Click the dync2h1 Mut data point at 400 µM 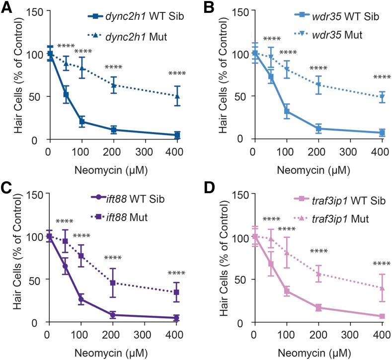point(177,96)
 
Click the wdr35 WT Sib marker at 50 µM point(271,76)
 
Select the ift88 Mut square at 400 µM point(177,292)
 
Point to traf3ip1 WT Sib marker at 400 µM point(382,316)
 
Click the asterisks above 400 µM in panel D point(382,264)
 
